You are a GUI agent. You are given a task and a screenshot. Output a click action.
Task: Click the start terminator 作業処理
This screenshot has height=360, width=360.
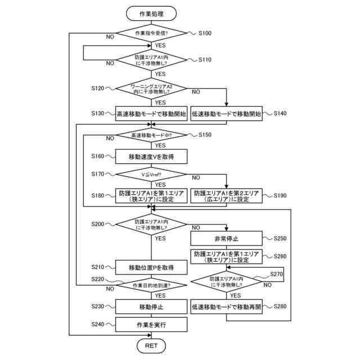click(x=151, y=13)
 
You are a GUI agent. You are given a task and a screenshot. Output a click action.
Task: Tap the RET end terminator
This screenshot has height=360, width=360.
click(x=151, y=345)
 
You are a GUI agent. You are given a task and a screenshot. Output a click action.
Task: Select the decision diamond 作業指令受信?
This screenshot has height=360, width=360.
click(x=151, y=33)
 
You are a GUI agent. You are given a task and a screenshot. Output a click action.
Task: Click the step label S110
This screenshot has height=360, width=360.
click(x=205, y=60)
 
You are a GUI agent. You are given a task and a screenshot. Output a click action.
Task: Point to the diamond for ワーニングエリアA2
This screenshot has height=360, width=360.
click(x=151, y=89)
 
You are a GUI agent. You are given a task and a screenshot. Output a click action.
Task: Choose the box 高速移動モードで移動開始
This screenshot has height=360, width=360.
click(x=151, y=114)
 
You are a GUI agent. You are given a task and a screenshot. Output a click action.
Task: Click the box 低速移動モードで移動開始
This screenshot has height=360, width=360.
click(x=226, y=114)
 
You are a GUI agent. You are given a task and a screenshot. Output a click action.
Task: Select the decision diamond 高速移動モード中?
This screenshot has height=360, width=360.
click(x=151, y=135)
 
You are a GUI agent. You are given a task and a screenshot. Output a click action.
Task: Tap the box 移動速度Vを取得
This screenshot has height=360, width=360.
click(x=151, y=156)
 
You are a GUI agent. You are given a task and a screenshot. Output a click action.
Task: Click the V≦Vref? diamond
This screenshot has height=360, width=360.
click(x=151, y=174)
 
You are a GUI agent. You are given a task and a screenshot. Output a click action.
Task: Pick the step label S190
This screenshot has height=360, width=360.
click(x=280, y=196)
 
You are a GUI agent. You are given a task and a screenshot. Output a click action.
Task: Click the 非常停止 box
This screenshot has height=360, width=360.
click(x=226, y=238)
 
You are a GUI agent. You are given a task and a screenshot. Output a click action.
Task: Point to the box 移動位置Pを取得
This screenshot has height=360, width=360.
click(x=151, y=267)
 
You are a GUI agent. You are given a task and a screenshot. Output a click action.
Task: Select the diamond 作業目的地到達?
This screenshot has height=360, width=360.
click(x=151, y=285)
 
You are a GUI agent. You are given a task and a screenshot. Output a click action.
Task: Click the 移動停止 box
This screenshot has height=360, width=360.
click(x=151, y=307)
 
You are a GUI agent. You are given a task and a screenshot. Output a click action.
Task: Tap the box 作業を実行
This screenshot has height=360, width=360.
click(x=151, y=325)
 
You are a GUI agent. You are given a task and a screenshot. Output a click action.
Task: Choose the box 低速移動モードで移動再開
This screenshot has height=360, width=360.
click(x=226, y=307)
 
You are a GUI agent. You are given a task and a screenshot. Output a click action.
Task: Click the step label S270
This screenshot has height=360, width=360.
click(x=276, y=274)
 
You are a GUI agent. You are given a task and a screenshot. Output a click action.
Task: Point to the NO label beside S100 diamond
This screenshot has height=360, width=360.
click(x=110, y=37)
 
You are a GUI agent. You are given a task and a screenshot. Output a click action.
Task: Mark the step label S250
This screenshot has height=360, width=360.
click(x=280, y=238)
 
